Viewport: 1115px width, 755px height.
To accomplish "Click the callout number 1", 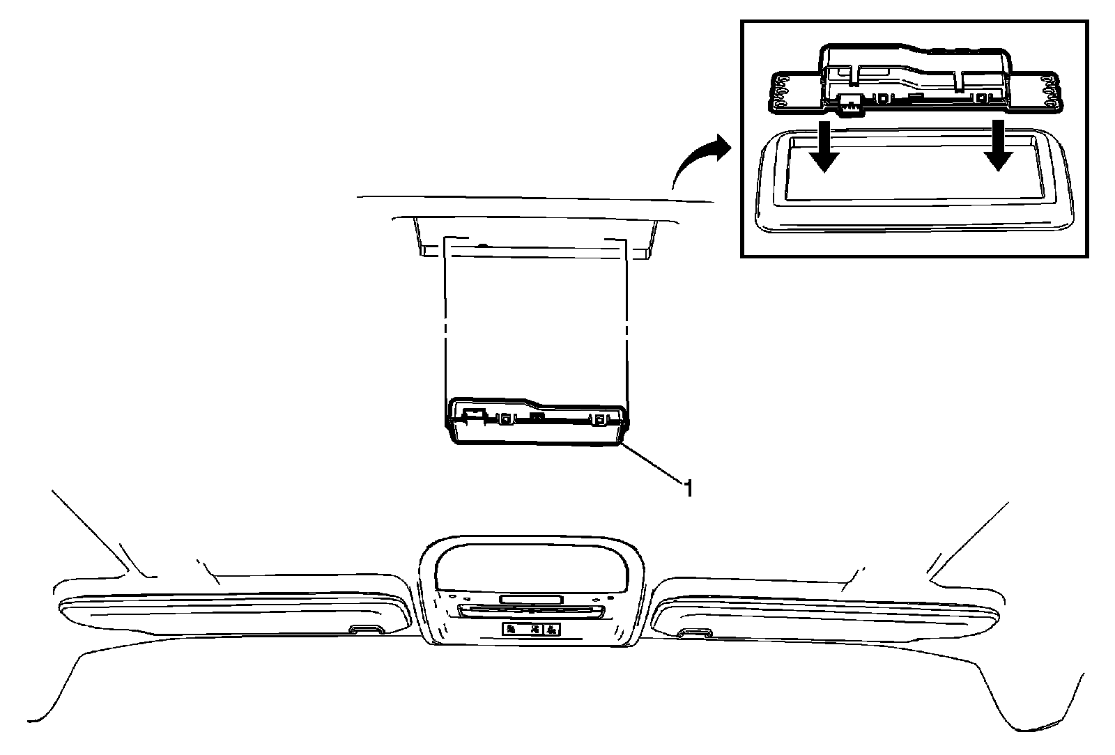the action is point(688,488).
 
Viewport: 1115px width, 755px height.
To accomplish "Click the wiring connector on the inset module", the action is point(849,104).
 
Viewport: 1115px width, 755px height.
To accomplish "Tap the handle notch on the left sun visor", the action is point(366,630).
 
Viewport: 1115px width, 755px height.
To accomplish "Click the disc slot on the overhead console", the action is point(531,610).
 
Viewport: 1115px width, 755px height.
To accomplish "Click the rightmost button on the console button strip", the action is point(551,630).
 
